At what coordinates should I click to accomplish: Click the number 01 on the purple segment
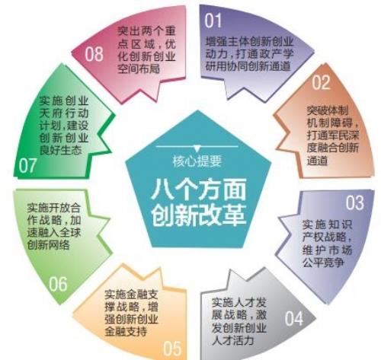[213, 21]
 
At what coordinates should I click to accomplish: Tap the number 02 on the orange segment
[321, 82]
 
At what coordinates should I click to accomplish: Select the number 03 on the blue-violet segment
[354, 202]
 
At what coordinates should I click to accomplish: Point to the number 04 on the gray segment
[294, 318]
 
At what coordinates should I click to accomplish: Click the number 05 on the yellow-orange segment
[172, 348]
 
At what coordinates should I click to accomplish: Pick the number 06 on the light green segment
[58, 284]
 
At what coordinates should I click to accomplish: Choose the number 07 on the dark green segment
[27, 165]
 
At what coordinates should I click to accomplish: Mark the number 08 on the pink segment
[94, 54]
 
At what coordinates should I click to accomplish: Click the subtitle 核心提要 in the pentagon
[197, 161]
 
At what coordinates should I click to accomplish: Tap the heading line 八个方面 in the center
[198, 189]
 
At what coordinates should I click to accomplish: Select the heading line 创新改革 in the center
[198, 215]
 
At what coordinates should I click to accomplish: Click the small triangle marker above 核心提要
[197, 148]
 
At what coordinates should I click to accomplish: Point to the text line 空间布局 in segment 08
[139, 68]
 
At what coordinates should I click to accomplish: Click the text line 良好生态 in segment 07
[60, 150]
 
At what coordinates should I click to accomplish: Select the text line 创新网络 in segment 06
[49, 244]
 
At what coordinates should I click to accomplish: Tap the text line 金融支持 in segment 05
[126, 331]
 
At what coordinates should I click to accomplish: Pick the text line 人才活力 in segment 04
[233, 340]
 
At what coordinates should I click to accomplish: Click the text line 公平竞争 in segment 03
[323, 262]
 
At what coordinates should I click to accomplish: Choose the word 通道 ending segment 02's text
[318, 160]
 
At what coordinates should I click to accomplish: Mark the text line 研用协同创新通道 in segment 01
[248, 66]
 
